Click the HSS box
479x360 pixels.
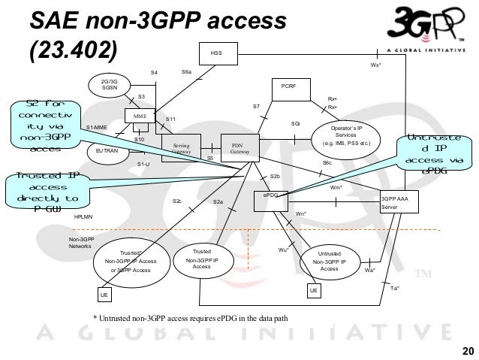tap(217, 53)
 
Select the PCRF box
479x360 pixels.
tap(288, 87)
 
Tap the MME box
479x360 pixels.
tap(139, 117)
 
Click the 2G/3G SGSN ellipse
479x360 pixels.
tap(108, 84)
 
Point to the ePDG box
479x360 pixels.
tap(270, 195)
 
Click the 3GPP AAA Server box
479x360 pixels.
tap(399, 201)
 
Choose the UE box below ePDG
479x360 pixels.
tap(315, 289)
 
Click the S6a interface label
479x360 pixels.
tap(187, 71)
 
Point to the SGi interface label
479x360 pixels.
tap(295, 123)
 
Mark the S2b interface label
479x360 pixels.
tap(275, 176)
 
